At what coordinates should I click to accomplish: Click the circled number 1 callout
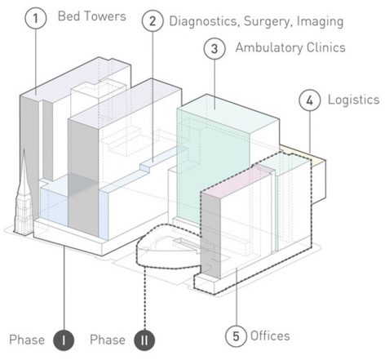click(36, 18)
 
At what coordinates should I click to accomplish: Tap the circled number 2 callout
click(153, 21)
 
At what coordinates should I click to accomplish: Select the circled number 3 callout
click(215, 49)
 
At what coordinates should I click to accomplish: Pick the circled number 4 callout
click(310, 100)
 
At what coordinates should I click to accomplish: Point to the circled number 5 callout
click(236, 336)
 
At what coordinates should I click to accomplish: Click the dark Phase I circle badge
click(64, 340)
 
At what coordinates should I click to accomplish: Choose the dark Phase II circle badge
click(144, 340)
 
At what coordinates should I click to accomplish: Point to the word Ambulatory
click(269, 48)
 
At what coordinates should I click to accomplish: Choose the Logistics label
click(353, 100)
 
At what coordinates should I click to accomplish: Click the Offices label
click(270, 336)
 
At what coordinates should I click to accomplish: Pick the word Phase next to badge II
click(108, 340)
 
